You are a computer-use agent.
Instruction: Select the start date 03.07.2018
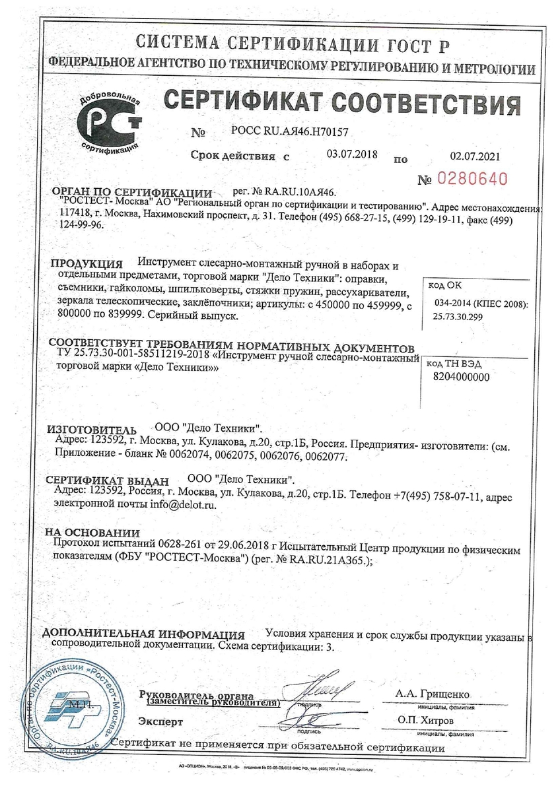pos(352,154)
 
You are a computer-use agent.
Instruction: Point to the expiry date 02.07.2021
pos(475,156)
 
